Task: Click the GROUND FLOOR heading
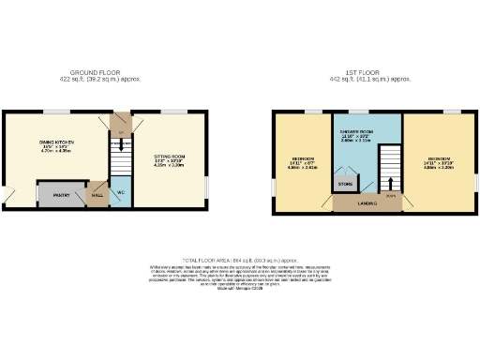point(105,71)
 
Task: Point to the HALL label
point(98,196)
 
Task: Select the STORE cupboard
point(345,185)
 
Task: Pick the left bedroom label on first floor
point(303,159)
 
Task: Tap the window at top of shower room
point(367,112)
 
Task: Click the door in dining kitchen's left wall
point(8,197)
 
